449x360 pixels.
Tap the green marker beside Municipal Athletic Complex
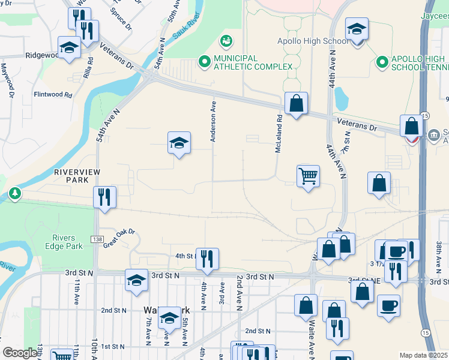tap(204, 61)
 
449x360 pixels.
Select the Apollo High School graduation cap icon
tap(356, 30)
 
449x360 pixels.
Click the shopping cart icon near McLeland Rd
tap(308, 176)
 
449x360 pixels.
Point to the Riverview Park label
tap(76, 175)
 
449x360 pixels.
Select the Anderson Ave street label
tap(212, 121)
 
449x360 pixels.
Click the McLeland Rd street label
tap(279, 133)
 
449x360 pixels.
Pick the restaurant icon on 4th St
tap(207, 259)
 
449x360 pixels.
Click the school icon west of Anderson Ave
tap(179, 143)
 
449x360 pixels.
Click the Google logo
tap(20, 352)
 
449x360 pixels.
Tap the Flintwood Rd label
tap(53, 95)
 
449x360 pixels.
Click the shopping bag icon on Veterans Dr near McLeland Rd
tap(296, 103)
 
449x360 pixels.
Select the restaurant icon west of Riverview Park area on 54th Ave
tap(105, 197)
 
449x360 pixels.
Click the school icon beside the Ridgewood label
tap(69, 47)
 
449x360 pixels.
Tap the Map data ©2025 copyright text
tap(423, 355)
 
